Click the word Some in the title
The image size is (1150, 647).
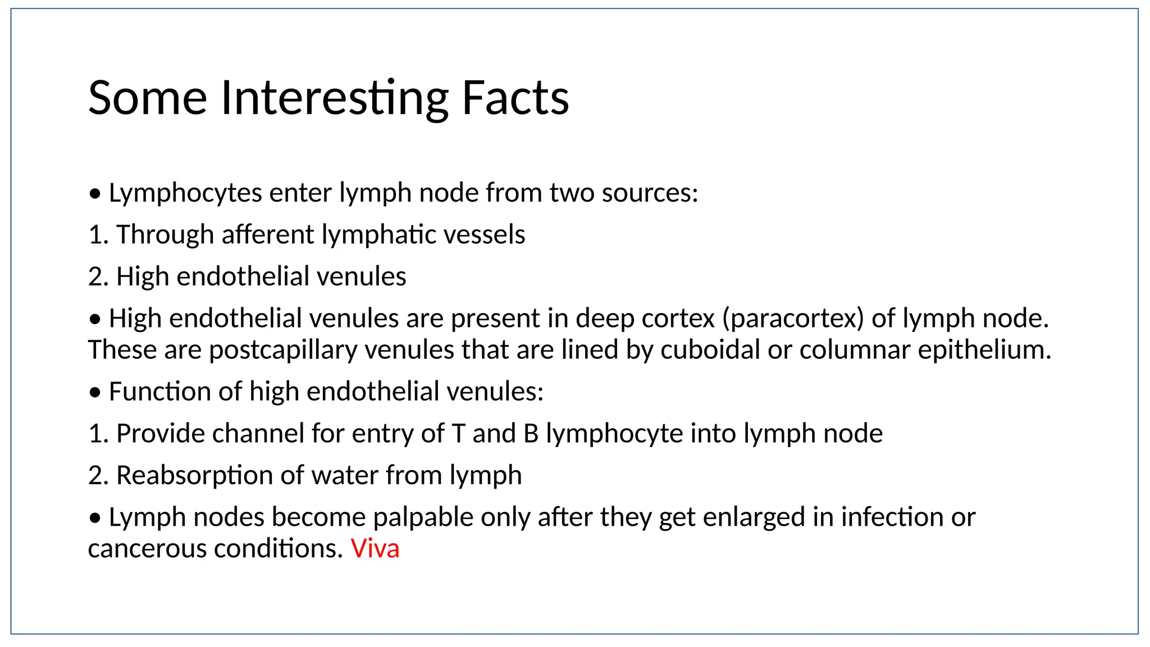(148, 98)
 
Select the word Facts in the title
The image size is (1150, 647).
(515, 98)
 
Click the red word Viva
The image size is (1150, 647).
(375, 549)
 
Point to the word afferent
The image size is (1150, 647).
(268, 235)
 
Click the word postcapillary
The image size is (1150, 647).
(283, 350)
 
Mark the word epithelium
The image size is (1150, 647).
(984, 350)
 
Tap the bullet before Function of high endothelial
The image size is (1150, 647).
(95, 393)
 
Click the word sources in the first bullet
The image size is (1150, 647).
(649, 193)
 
